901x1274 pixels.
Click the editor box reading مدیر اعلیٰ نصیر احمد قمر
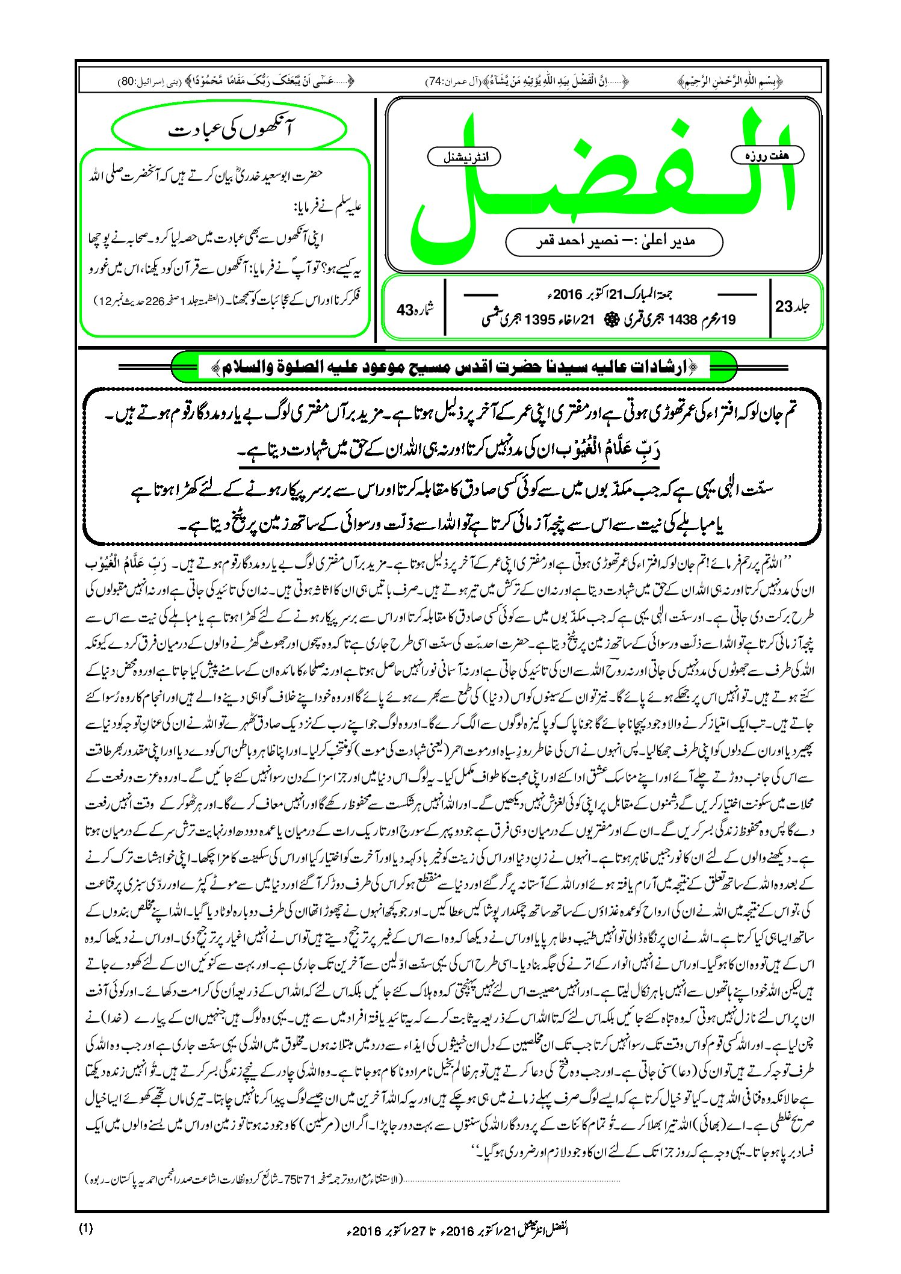coord(614,241)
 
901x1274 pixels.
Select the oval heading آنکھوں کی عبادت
coord(229,130)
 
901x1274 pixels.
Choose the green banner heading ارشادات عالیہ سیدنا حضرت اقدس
coord(454,368)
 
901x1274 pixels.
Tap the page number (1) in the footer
coord(85,1228)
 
